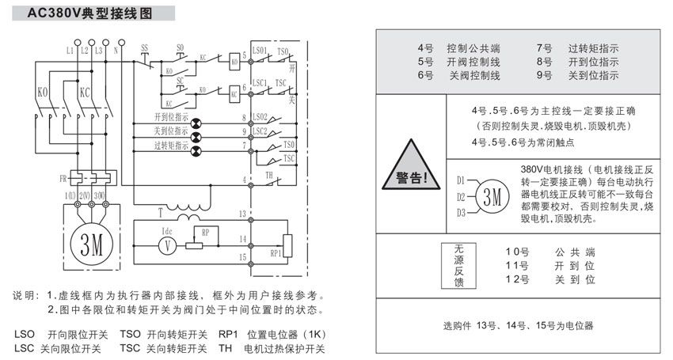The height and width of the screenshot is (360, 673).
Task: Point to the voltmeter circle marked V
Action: click(166, 246)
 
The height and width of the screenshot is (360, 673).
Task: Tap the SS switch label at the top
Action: click(144, 48)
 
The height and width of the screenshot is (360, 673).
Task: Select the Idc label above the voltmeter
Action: click(167, 231)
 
